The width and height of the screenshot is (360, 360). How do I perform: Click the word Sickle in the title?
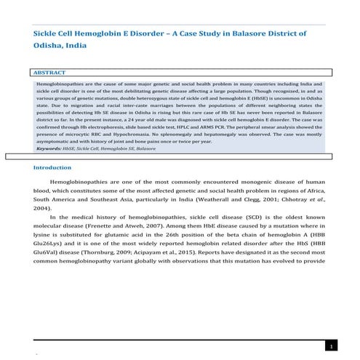49,33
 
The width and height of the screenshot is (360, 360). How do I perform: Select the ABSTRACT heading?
50,73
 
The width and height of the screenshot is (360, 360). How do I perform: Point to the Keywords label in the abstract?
49,148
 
